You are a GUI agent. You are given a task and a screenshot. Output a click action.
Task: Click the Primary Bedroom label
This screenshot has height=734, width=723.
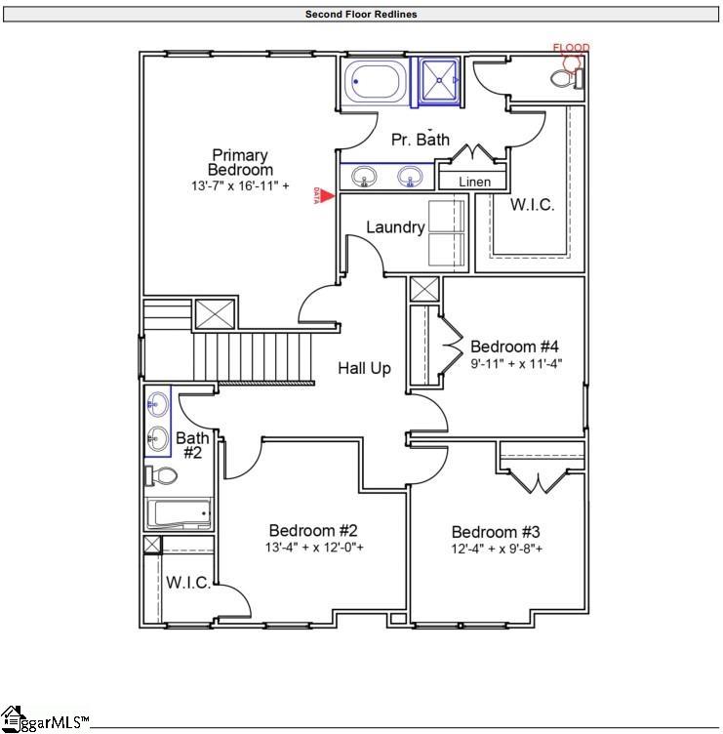[240, 162]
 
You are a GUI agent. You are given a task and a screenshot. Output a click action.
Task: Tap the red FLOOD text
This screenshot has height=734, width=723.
[571, 48]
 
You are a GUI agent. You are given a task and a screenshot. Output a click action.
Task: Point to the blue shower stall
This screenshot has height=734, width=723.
[440, 80]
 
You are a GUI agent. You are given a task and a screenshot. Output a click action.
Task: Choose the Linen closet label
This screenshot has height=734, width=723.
[474, 182]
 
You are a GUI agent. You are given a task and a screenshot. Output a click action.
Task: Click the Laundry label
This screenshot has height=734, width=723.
[395, 227]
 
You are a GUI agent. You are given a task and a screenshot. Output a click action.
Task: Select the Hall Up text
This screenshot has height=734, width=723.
[364, 368]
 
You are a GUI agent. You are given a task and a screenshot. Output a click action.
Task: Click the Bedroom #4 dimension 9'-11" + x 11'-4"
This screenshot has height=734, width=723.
[516, 363]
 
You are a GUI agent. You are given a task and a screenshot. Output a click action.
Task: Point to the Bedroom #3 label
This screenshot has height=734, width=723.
[496, 532]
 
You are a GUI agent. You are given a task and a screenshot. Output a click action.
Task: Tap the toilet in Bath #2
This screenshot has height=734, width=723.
[162, 476]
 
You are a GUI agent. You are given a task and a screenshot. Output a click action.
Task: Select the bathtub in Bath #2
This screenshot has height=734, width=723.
[179, 513]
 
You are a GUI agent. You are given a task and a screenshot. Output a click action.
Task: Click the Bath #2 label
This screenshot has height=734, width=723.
[192, 445]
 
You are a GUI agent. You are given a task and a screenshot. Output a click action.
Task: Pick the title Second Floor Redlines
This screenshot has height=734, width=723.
[361, 15]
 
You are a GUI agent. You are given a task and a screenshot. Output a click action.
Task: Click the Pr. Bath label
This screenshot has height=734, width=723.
[421, 140]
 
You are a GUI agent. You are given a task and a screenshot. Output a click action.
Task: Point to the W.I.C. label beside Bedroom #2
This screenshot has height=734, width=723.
[187, 583]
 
